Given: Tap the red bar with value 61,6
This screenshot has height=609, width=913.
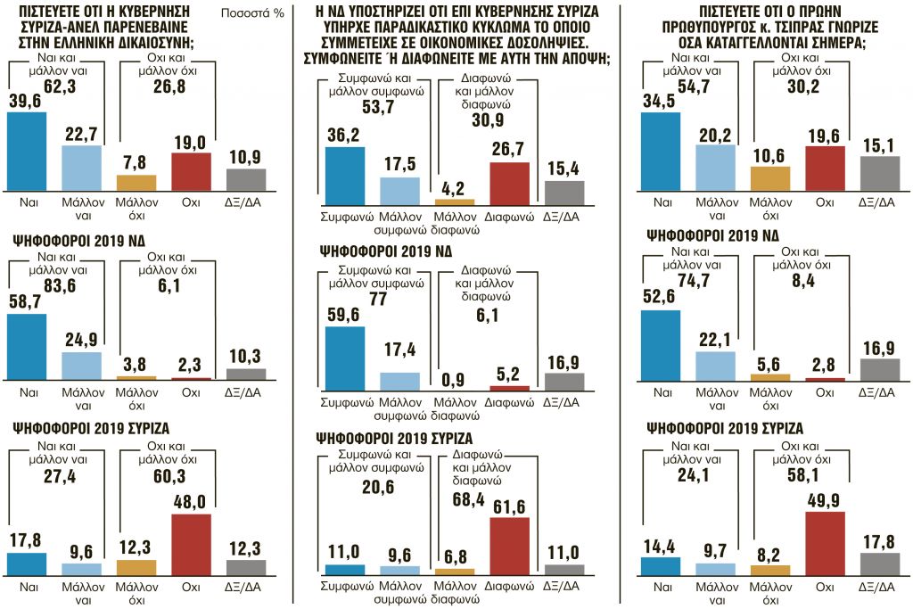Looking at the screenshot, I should [x=509, y=545].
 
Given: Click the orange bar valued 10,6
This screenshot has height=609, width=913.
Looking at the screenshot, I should [x=770, y=178].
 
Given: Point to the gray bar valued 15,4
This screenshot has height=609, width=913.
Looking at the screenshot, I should [x=563, y=193].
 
